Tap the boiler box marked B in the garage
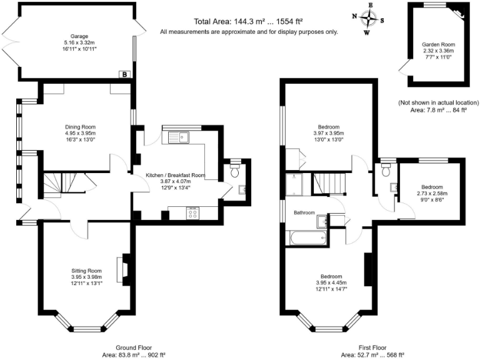pos(125,75)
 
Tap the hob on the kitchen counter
pos(193,214)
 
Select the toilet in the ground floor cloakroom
pos(234,169)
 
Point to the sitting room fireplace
pos(124,268)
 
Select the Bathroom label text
pos(304,213)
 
